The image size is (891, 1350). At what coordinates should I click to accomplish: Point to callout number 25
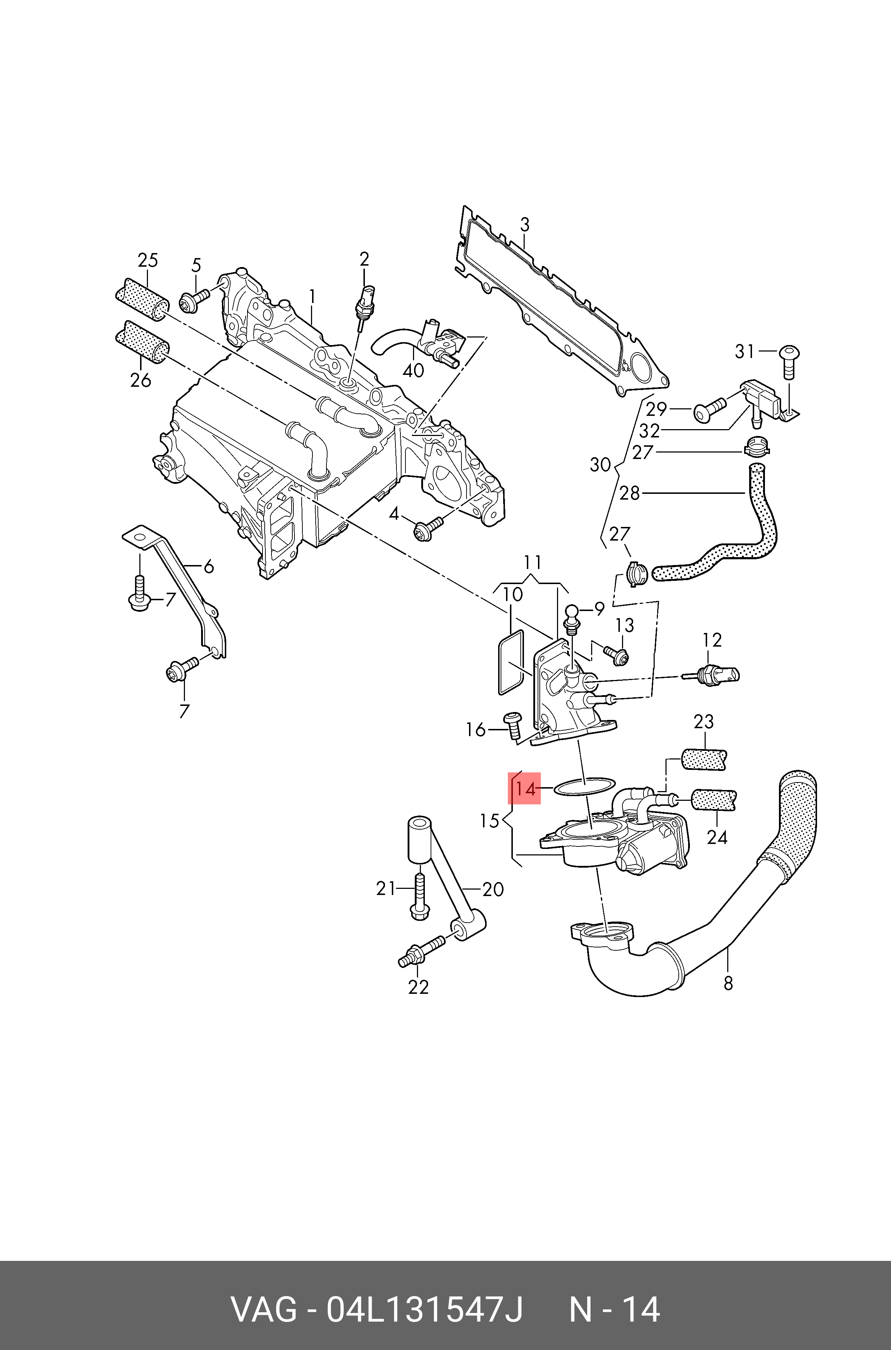(147, 261)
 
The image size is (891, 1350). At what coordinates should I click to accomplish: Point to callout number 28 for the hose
(630, 493)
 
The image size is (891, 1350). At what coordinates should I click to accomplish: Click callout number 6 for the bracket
(209, 566)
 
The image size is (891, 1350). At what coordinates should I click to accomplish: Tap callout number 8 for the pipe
(728, 983)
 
